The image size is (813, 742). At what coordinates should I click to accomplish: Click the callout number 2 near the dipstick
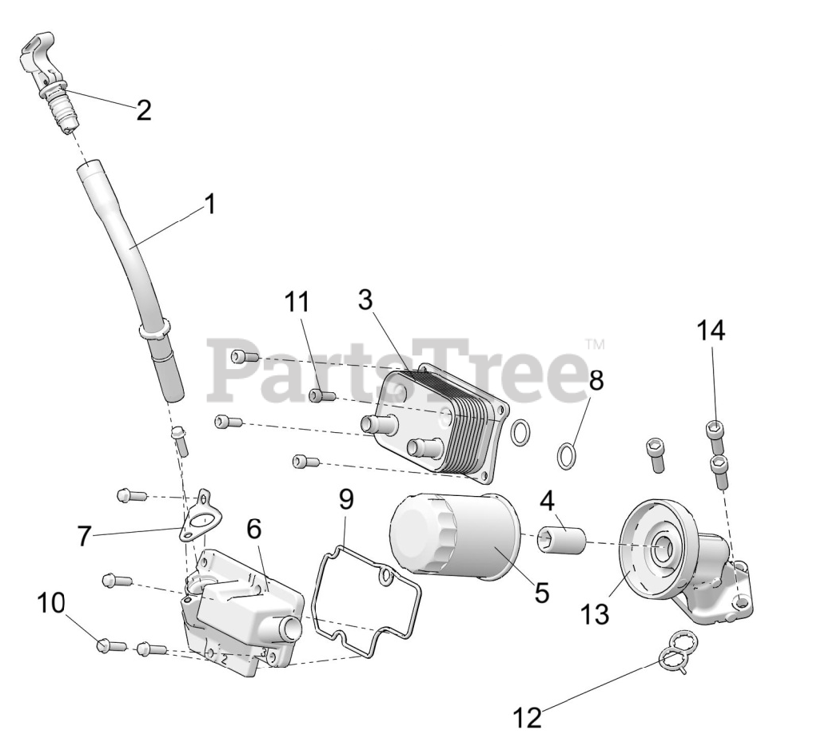(143, 110)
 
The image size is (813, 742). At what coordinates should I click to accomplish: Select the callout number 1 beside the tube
(209, 205)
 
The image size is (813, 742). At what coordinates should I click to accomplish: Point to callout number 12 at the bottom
(528, 716)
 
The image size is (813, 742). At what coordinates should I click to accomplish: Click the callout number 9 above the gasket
(345, 500)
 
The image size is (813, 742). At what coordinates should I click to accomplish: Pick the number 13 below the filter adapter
(595, 613)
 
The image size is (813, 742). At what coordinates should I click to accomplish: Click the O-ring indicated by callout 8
(567, 457)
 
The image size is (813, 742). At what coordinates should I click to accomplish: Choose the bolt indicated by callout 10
(111, 645)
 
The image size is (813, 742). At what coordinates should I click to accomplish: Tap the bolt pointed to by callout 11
(321, 395)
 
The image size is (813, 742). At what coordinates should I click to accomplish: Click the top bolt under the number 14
(715, 431)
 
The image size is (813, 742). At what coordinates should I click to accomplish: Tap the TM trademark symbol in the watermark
(595, 345)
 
